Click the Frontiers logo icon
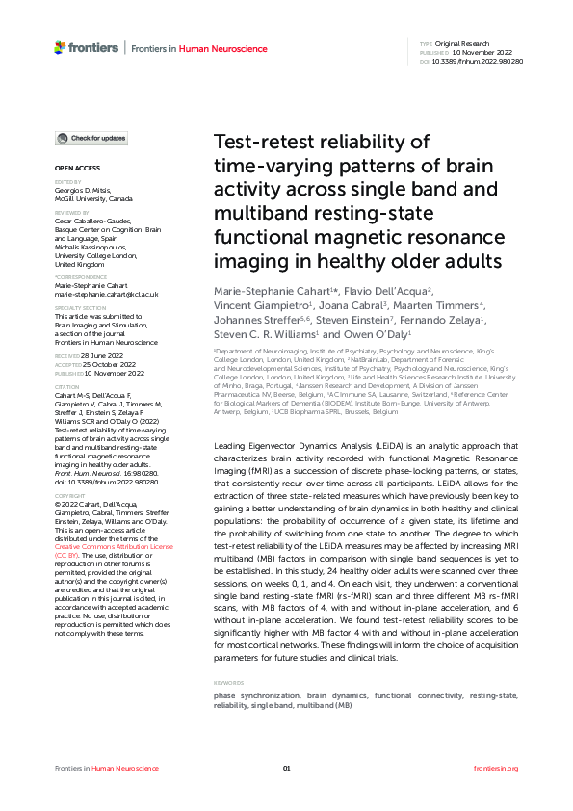60,47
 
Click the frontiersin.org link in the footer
497,768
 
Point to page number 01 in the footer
286,768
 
